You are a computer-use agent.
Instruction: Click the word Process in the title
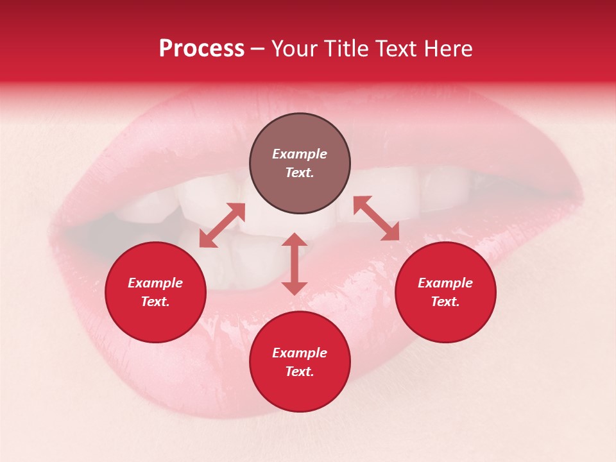(201, 49)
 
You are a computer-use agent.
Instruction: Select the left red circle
(155, 321)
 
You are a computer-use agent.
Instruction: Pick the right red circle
(445, 321)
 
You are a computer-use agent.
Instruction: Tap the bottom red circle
(300, 391)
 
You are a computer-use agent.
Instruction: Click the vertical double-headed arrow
(295, 264)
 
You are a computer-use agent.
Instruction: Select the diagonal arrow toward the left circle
(222, 225)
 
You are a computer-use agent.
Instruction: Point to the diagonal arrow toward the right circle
(376, 218)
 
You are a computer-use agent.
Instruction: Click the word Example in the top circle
(300, 154)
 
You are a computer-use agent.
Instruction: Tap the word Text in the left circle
(155, 302)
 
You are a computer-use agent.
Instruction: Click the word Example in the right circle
(445, 283)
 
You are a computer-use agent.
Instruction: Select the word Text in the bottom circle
(300, 372)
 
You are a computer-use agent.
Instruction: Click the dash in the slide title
(258, 49)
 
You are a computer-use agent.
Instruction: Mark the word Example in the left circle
(155, 283)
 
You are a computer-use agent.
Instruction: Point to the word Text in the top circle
(300, 173)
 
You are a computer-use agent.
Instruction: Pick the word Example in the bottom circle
(300, 353)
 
